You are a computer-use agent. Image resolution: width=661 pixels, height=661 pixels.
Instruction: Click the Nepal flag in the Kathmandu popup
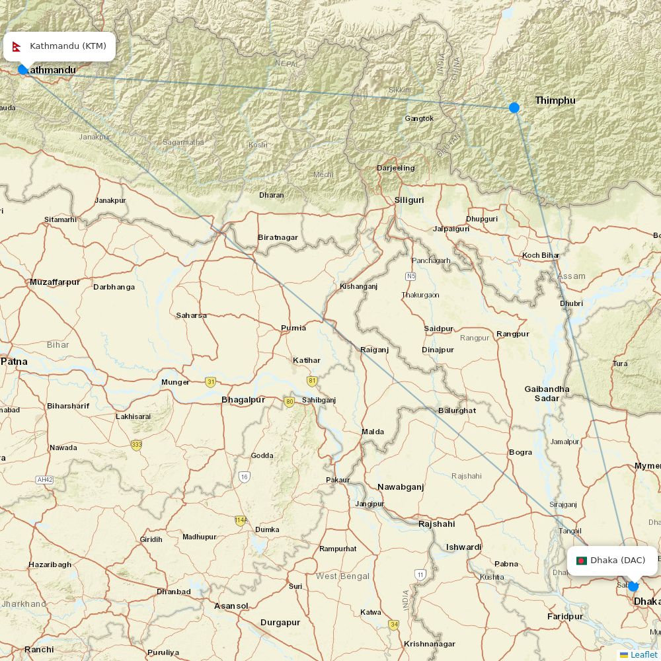(17, 46)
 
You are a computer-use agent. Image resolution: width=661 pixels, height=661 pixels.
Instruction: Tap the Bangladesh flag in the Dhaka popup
(582, 561)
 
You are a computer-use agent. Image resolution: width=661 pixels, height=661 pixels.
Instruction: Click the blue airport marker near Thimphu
(514, 107)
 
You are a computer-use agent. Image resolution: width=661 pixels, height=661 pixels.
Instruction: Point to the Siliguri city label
(408, 200)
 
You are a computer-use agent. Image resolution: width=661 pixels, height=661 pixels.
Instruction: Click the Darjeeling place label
(396, 168)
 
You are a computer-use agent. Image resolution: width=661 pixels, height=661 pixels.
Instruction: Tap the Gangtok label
(419, 119)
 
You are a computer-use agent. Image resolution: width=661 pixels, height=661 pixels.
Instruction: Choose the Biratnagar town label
(278, 237)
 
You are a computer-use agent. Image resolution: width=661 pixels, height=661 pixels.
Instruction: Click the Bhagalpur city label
(243, 400)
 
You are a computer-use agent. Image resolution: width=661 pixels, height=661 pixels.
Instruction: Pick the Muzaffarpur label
(55, 282)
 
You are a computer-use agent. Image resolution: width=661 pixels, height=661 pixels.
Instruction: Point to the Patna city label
(14, 362)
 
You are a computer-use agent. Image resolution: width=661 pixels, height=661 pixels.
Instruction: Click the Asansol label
(231, 606)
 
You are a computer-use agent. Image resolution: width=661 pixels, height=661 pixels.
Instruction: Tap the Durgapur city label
(280, 623)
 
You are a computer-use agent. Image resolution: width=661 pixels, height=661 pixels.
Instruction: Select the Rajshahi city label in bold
(437, 524)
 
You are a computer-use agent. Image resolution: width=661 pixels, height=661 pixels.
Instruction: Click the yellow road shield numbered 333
(136, 445)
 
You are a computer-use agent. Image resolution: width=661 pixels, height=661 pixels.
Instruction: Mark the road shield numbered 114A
(241, 520)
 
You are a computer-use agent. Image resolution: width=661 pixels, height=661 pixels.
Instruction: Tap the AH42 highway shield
(45, 479)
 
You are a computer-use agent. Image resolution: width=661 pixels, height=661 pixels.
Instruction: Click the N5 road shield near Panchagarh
(411, 276)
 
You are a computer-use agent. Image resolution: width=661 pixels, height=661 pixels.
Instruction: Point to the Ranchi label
(39, 650)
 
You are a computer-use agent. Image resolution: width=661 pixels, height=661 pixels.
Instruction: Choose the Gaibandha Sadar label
(547, 393)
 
